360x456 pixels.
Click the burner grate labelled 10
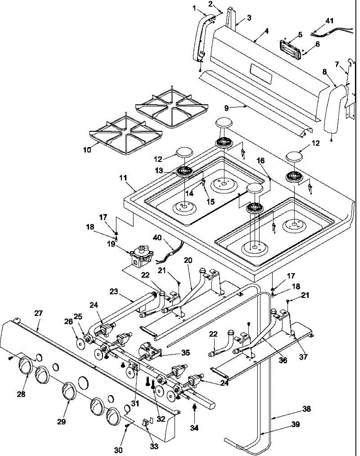125,133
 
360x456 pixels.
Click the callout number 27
38,313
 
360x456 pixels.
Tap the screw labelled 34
194,407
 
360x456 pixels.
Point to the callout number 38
307,409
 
